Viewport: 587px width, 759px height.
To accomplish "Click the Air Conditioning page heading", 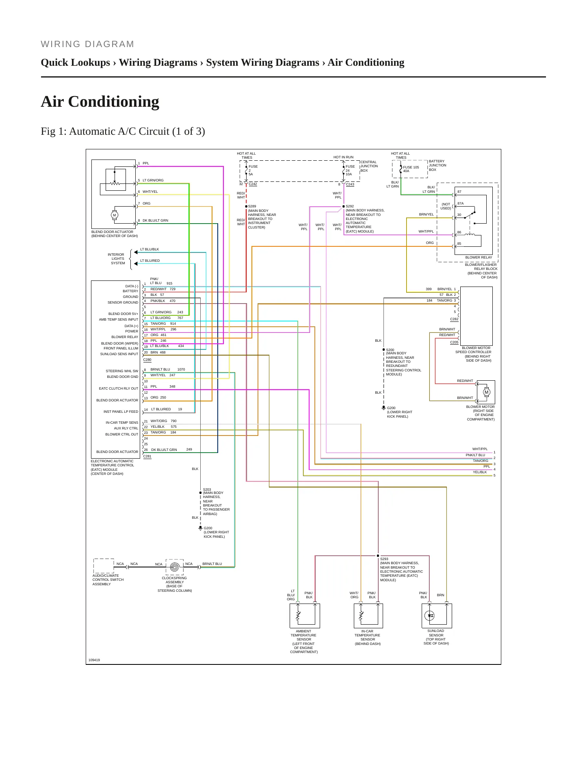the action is point(100,101).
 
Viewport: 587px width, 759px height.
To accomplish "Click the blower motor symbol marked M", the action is point(486,392).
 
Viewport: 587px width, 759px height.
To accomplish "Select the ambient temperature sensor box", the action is point(305,616).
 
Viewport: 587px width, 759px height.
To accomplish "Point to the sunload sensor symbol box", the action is point(437,616).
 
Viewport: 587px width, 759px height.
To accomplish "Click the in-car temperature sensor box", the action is point(368,616).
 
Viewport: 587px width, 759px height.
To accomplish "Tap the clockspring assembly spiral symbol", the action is point(175,567).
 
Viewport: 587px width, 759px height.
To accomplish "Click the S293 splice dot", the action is point(378,556).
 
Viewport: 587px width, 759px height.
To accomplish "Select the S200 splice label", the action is point(390,349).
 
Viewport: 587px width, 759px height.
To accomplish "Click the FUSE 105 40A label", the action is point(411,169).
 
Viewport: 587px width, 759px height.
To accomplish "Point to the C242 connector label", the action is point(253,184).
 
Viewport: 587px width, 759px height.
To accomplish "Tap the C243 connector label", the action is point(350,184).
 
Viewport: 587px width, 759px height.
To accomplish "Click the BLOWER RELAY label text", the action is point(479,257).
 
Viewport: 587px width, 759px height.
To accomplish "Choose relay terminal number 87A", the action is point(460,203).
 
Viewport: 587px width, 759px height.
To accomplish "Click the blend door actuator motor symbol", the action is point(115,215).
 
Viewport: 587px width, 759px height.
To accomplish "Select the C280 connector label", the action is point(147,360).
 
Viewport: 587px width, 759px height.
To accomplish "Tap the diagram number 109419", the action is point(94,660).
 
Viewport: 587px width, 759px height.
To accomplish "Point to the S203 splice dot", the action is point(200,493).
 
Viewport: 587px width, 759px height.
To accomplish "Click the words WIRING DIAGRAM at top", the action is point(87,44).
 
